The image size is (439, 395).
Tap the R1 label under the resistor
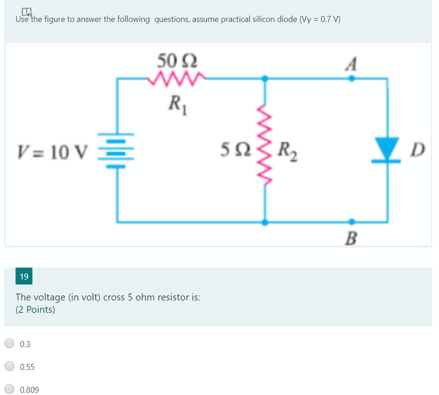tap(175, 103)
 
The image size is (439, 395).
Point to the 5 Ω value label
tap(233, 148)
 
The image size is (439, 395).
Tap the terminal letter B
tap(350, 238)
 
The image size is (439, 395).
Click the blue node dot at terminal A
tap(351, 79)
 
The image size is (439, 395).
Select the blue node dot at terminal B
tap(351, 222)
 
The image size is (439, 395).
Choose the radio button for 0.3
tap(10, 344)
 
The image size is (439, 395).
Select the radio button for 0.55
tap(10, 366)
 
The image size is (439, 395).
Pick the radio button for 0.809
tap(10, 389)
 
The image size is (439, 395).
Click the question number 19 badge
tap(24, 276)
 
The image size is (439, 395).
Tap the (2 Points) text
tap(35, 310)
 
